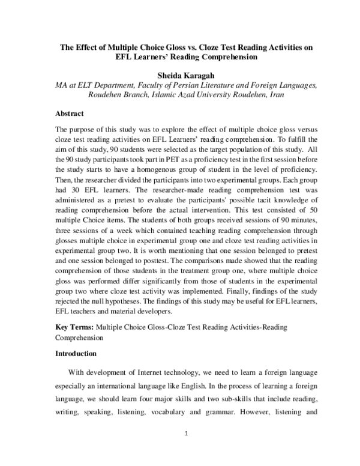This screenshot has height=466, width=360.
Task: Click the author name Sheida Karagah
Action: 180,76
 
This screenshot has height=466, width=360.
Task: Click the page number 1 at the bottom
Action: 186,434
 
